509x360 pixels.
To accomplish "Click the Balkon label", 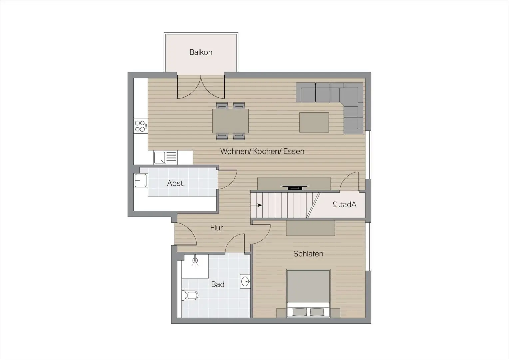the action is [201, 52].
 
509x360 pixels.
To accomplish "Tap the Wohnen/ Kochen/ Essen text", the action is [262, 151].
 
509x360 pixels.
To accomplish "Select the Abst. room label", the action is [176, 183].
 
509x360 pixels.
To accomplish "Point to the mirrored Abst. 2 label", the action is [344, 204].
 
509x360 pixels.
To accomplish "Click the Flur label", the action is [216, 228].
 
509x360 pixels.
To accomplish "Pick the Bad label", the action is [218, 284].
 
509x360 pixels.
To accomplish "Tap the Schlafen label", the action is [308, 254].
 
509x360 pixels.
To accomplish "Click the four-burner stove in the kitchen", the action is [141, 126].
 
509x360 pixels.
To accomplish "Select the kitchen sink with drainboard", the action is [165, 157].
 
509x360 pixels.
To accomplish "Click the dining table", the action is [230, 121].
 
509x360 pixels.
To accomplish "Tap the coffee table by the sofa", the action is [314, 122].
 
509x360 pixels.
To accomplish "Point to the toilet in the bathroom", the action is [190, 295].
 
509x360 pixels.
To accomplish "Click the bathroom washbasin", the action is [245, 281].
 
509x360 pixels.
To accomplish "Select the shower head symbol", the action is [195, 261].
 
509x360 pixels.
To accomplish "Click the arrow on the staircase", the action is [256, 205].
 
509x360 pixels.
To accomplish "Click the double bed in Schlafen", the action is [308, 293].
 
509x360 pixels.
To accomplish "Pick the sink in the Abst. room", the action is [141, 181].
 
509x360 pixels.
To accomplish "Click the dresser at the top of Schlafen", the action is [310, 228].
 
